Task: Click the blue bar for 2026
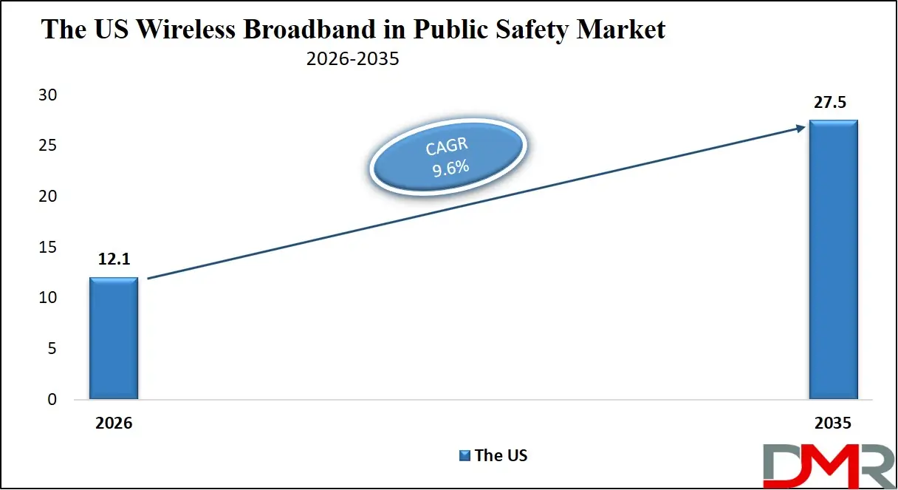113,338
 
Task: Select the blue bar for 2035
833,260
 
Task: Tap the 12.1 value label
113,259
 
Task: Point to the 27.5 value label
832,103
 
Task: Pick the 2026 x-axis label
113,423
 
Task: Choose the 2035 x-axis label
833,423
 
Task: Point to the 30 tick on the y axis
48,95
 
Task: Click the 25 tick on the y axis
48,146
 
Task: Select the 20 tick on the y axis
48,197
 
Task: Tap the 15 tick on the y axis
48,248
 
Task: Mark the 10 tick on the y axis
48,298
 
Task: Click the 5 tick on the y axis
52,349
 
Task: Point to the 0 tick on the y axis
52,400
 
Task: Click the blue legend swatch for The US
465,455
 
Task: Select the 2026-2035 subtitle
353,58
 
